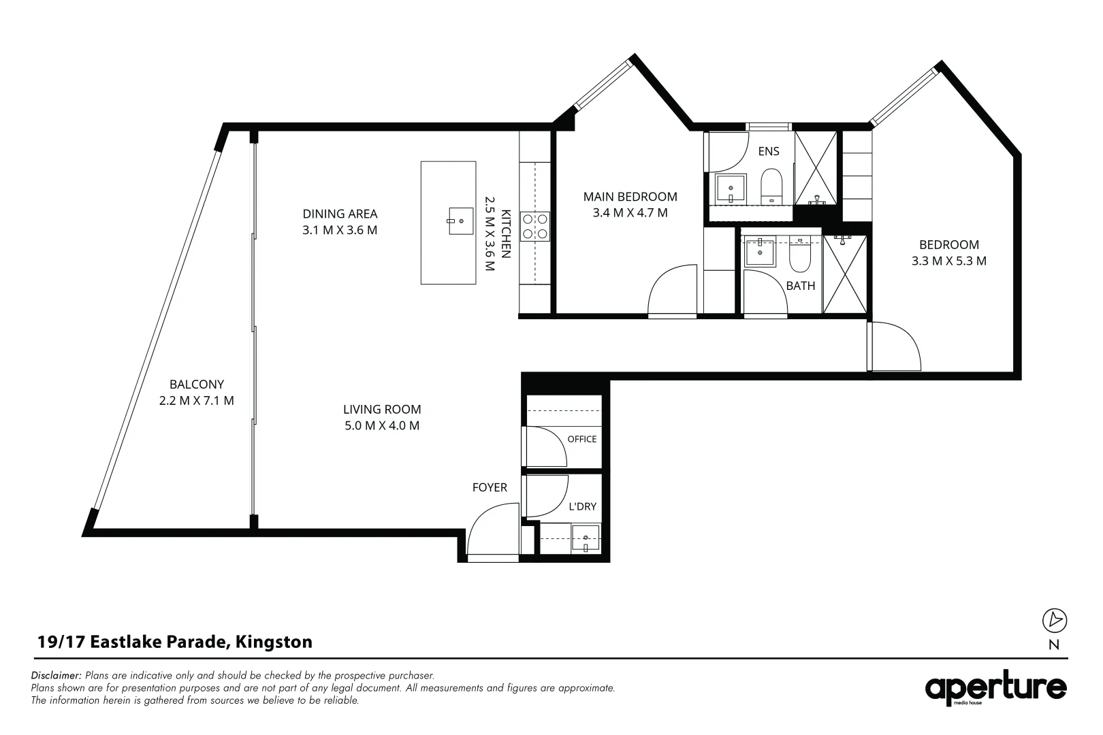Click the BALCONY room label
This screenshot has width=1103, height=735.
[x=197, y=384]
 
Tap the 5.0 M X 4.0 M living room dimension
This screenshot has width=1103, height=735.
[x=382, y=425]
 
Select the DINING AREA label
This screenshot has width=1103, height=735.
[x=340, y=214]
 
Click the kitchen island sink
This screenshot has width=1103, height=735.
[x=461, y=221]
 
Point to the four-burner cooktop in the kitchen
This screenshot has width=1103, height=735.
[x=535, y=226]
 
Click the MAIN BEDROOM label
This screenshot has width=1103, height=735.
[x=630, y=197]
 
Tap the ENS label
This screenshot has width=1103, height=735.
[x=769, y=151]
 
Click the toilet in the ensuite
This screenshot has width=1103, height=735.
[x=771, y=186]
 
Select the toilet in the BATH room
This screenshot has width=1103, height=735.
[x=799, y=254]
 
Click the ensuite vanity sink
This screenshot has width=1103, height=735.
[x=731, y=189]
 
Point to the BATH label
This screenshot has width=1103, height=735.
[x=801, y=286]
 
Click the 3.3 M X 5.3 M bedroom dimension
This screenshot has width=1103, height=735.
[x=949, y=261]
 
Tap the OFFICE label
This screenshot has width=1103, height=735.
[x=582, y=439]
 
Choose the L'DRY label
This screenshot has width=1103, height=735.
[x=583, y=506]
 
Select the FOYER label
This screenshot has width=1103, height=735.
[x=490, y=487]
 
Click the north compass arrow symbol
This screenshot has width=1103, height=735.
[x=1055, y=620]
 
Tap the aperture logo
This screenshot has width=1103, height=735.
[x=995, y=688]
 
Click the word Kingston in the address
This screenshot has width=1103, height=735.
[x=274, y=642]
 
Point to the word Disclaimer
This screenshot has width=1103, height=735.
[x=56, y=675]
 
